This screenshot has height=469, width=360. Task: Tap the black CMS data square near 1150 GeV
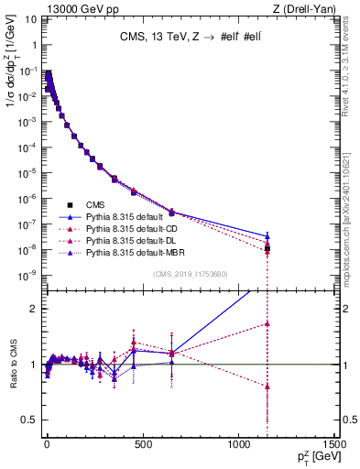267,248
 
